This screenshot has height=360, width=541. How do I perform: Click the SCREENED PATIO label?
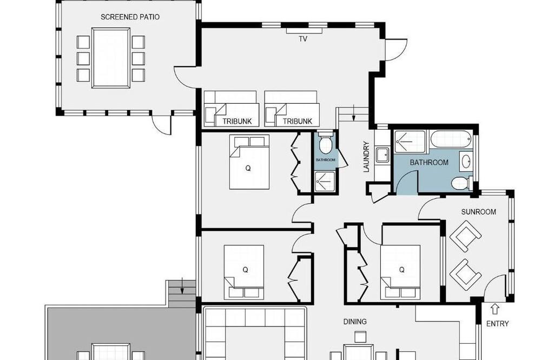pyautogui.click(x=130, y=17)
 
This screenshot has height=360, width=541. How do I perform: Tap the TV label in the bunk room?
pyautogui.click(x=303, y=39)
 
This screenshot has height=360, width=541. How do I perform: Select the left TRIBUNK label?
pyautogui.click(x=237, y=122)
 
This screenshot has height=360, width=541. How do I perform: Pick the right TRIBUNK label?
pyautogui.click(x=298, y=122)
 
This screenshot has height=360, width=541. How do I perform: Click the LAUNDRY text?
pyautogui.click(x=366, y=157)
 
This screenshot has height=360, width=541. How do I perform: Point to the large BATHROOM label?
pyautogui.click(x=429, y=162)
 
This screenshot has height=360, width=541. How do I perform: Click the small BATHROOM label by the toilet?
pyautogui.click(x=325, y=160)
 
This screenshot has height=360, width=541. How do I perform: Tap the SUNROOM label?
pyautogui.click(x=479, y=212)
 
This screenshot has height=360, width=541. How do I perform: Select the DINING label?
pyautogui.click(x=355, y=322)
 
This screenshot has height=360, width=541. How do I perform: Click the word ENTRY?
pyautogui.click(x=498, y=324)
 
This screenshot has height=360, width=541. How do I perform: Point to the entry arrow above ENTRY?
pyautogui.click(x=495, y=309)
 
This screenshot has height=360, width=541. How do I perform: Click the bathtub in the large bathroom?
pyautogui.click(x=451, y=139)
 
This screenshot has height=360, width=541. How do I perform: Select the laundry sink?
pyautogui.click(x=382, y=155)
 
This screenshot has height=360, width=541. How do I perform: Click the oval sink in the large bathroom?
pyautogui.click(x=466, y=162)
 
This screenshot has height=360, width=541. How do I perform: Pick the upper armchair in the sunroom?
pyautogui.click(x=465, y=236)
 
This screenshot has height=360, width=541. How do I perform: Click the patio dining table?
pyautogui.click(x=111, y=58)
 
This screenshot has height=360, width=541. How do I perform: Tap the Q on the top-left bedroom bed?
pyautogui.click(x=248, y=169)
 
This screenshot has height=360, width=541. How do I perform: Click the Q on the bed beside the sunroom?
pyautogui.click(x=401, y=270)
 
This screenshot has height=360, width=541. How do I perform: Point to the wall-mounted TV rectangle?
pyautogui.click(x=304, y=31)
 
